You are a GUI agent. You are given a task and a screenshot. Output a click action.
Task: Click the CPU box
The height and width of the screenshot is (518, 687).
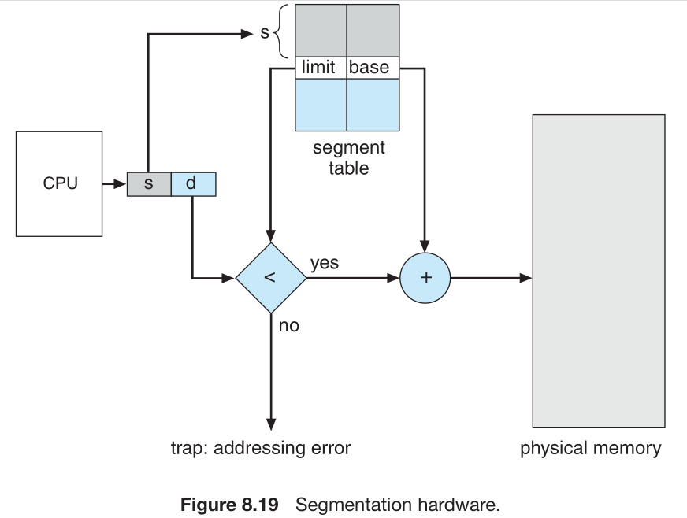pos(59,184)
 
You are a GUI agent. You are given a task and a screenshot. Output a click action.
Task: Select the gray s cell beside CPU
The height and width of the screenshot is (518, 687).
pos(148,184)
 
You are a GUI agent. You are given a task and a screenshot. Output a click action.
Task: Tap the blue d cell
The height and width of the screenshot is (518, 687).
pos(192,184)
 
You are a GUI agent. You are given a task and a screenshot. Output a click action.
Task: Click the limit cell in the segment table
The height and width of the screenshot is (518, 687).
pos(319,67)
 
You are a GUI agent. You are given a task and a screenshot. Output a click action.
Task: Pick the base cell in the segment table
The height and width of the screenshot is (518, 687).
pos(370,67)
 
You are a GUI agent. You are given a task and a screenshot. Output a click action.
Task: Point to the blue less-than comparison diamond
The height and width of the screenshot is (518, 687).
pos(270,277)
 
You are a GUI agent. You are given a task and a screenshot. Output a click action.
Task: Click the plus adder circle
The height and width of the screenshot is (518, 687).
pos(425,277)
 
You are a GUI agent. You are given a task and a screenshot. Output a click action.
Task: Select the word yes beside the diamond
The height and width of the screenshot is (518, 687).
pos(324,263)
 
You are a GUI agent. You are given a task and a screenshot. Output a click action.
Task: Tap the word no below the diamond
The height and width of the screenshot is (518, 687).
pos(288,325)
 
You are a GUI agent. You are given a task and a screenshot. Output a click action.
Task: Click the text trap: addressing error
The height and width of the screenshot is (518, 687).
pos(261,449)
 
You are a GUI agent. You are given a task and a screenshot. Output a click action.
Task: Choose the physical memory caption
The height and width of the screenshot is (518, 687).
pos(590,449)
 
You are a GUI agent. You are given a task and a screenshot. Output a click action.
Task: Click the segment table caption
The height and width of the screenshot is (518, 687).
pos(348,157)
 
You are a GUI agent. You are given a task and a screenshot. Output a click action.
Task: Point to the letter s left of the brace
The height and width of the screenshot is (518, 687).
pos(265,34)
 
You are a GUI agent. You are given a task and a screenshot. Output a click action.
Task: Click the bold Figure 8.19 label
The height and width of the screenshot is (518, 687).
pos(230,504)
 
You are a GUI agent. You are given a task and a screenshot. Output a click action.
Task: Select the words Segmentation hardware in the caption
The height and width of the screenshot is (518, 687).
pos(397,504)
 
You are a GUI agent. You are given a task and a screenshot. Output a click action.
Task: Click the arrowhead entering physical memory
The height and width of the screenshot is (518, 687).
pos(525,277)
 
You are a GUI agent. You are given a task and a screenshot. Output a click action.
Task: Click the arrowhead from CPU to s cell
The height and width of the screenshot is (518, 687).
pos(120,184)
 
